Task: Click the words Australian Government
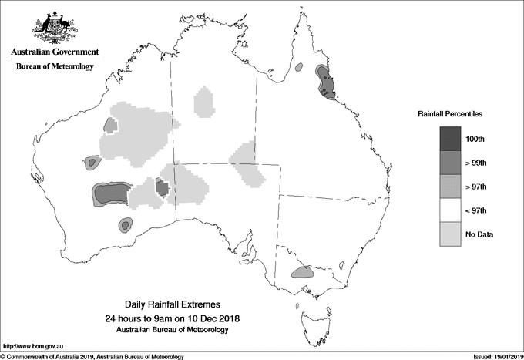pos(55,52)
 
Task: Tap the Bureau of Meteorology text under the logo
pos(55,66)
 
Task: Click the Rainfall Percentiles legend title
pos(450,113)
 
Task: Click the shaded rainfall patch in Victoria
pos(301,272)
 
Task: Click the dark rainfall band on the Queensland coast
pos(324,82)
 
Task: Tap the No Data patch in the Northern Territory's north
pos(204,101)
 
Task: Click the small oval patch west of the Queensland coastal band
pos(299,68)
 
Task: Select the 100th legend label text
pos(475,139)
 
